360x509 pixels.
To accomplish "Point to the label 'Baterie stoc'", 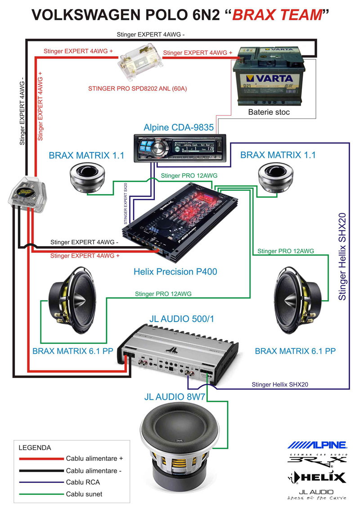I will tap(269, 112).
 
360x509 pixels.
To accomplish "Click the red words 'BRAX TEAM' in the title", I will tap(278, 16).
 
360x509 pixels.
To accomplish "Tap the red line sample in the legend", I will tap(41, 459).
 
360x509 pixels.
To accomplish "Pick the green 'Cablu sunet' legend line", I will tap(41, 494).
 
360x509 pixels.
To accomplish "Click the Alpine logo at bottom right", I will tap(317, 445).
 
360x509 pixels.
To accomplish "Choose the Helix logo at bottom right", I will tap(317, 477).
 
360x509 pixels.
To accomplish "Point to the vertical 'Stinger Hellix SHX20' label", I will tap(343, 257).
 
